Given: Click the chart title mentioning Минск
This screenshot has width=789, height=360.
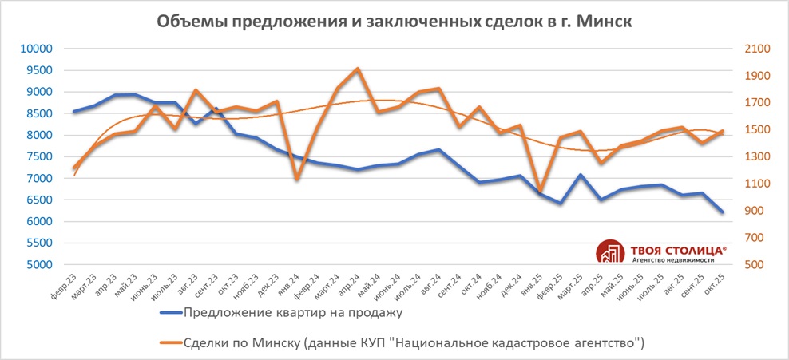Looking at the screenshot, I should point(394,22).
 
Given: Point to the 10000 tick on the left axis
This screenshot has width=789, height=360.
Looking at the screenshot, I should point(35,49).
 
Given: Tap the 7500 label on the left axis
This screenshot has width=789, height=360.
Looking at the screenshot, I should point(38,157).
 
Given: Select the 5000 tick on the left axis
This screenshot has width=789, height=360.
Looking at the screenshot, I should point(38,265).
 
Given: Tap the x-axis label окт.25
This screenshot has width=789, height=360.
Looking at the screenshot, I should point(713,283).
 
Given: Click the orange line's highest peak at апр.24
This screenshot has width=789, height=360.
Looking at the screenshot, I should point(357,69).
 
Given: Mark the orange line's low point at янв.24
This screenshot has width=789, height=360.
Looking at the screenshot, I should point(296,180).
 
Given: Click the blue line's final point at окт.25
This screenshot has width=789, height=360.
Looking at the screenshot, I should point(723,212).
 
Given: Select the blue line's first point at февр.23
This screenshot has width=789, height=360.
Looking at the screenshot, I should point(74,112).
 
